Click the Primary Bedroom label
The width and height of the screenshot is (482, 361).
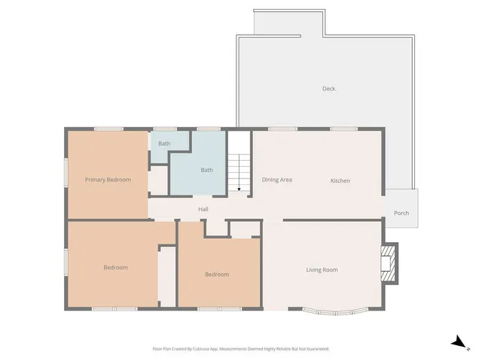coord(108,180)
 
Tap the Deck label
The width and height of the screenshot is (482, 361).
coord(328,89)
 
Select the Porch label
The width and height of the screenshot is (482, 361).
coord(401,213)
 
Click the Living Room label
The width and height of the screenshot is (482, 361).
coord(322,270)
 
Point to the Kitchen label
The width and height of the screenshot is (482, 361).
coord(340,180)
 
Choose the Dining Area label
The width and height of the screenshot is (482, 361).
coord(277,180)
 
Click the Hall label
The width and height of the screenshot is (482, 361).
coord(203,209)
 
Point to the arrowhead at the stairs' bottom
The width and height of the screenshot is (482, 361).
coord(239,190)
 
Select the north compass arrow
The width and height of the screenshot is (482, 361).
coord(457,341)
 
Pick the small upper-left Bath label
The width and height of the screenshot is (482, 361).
coord(164,143)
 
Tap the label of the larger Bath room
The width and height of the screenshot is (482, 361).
coord(206,170)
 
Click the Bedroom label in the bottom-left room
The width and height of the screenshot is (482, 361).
coord(115,268)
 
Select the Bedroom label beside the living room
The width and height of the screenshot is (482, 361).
coord(217,275)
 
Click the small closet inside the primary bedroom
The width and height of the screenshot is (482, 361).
coord(158,181)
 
